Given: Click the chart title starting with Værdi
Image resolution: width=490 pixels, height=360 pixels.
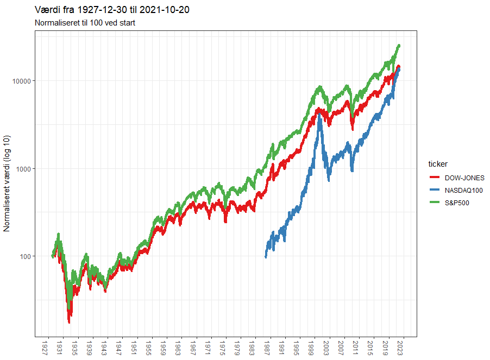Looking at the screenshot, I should (112, 10).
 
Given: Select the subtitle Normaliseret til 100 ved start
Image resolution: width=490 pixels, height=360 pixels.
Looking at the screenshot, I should (85, 23).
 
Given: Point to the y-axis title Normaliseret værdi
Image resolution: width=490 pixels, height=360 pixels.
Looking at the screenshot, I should (7, 184).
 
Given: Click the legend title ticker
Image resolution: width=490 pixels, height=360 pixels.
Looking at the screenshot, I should (437, 164).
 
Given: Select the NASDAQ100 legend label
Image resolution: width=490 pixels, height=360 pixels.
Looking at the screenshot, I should (463, 191).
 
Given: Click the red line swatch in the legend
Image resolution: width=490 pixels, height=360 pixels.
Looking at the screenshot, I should (435, 178).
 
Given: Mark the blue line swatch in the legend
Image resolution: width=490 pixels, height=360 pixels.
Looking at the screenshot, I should (435, 191).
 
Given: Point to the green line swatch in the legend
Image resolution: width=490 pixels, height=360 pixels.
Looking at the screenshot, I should (435, 204).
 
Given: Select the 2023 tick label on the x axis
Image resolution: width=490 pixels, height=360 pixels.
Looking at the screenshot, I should (400, 348).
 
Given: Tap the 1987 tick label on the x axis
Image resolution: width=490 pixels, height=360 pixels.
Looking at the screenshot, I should (267, 348).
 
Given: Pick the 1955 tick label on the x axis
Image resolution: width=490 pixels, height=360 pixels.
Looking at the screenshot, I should (148, 348).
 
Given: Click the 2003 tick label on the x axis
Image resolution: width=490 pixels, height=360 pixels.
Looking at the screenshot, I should (326, 348).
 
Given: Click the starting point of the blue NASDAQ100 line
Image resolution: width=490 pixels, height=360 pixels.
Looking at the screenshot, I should (266, 256).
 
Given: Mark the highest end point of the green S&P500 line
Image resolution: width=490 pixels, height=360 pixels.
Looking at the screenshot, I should (399, 46).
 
